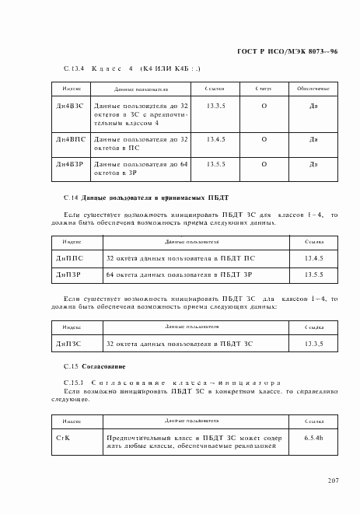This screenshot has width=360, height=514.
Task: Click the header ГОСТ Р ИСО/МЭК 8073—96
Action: click(x=296, y=51)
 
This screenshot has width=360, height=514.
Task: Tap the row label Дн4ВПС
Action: click(x=69, y=139)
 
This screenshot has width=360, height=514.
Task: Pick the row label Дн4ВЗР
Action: click(x=69, y=165)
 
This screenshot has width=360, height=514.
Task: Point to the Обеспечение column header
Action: click(x=313, y=89)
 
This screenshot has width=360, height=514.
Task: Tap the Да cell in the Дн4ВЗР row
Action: click(x=313, y=165)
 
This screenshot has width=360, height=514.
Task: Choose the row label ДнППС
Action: click(x=68, y=257)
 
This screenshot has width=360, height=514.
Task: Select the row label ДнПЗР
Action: click(x=68, y=274)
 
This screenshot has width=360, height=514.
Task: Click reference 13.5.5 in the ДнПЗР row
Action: click(x=314, y=274)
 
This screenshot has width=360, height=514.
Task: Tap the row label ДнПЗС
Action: click(x=68, y=343)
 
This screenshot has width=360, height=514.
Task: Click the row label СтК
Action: click(x=64, y=439)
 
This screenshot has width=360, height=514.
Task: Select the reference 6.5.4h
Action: click(x=314, y=439)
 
